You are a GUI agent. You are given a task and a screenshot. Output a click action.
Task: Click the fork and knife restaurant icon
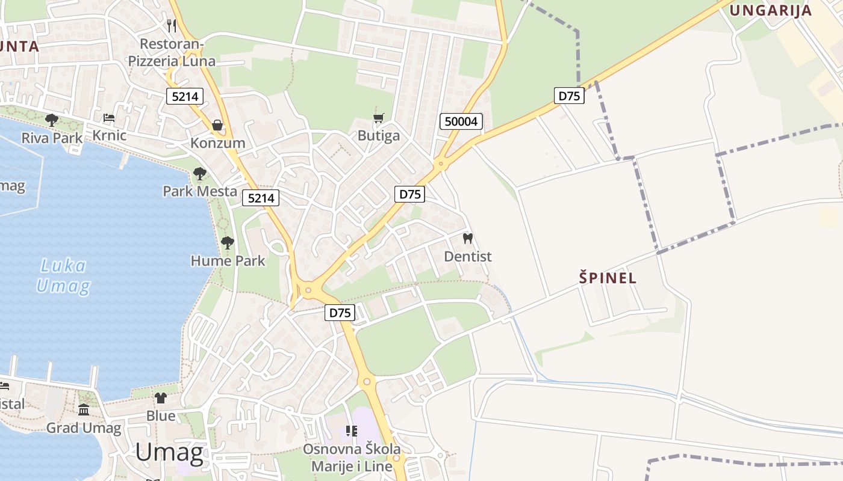[x=172, y=25]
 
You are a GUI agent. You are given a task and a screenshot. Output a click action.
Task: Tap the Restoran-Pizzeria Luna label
[x=172, y=52]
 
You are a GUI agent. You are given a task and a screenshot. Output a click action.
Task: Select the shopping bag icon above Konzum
[x=217, y=125]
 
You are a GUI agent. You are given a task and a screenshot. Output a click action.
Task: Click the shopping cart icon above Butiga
[x=379, y=118]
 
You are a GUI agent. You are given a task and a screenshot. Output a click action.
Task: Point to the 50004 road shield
[x=461, y=121]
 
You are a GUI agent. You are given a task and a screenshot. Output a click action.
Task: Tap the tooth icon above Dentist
[x=467, y=238]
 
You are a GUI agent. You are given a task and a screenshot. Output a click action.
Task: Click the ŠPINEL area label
[x=608, y=278]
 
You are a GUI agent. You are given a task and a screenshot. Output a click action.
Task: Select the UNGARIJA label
[x=771, y=10]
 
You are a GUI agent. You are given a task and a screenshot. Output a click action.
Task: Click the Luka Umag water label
[x=63, y=275]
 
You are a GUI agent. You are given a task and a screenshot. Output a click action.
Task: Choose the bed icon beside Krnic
[x=108, y=118]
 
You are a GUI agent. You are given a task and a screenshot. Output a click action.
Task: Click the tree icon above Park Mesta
[x=200, y=174]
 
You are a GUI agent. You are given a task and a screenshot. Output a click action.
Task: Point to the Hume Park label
[x=228, y=261]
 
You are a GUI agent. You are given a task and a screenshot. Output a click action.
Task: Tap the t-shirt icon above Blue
[x=161, y=397]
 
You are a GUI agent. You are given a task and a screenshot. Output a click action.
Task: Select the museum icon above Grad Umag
[x=84, y=410]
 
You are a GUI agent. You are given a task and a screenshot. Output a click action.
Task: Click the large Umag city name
[x=169, y=452]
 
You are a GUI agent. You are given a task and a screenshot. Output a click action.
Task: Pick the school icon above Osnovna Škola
[x=352, y=431]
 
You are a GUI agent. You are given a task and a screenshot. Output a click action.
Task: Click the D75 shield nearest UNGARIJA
[x=569, y=96]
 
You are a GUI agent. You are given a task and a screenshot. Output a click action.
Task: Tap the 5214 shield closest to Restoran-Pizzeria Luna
[x=185, y=96]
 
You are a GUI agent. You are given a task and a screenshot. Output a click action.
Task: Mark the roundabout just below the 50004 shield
[x=441, y=162]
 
